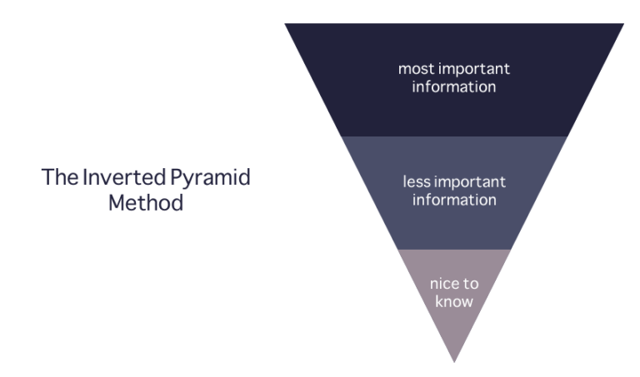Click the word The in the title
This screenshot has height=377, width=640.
pyautogui.click(x=57, y=178)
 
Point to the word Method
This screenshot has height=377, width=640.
pyautogui.click(x=147, y=202)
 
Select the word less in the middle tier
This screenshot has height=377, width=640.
pyautogui.click(x=415, y=182)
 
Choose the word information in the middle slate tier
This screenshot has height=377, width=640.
pyautogui.click(x=454, y=199)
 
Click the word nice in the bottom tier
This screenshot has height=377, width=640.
pyautogui.click(x=442, y=285)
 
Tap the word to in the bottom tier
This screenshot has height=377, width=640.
pyautogui.click(x=471, y=285)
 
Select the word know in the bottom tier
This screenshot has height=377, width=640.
pyautogui.click(x=454, y=300)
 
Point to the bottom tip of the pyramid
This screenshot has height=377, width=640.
pyautogui.click(x=454, y=361)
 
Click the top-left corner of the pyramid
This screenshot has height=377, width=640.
pyautogui.click(x=286, y=24)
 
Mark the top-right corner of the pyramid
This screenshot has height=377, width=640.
pyautogui.click(x=623, y=24)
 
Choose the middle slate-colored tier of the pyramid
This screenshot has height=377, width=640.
pyautogui.click(x=454, y=225)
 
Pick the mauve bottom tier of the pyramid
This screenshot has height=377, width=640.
pyautogui.click(x=454, y=325)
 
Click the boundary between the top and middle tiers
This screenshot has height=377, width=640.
pyautogui.click(x=454, y=136)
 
